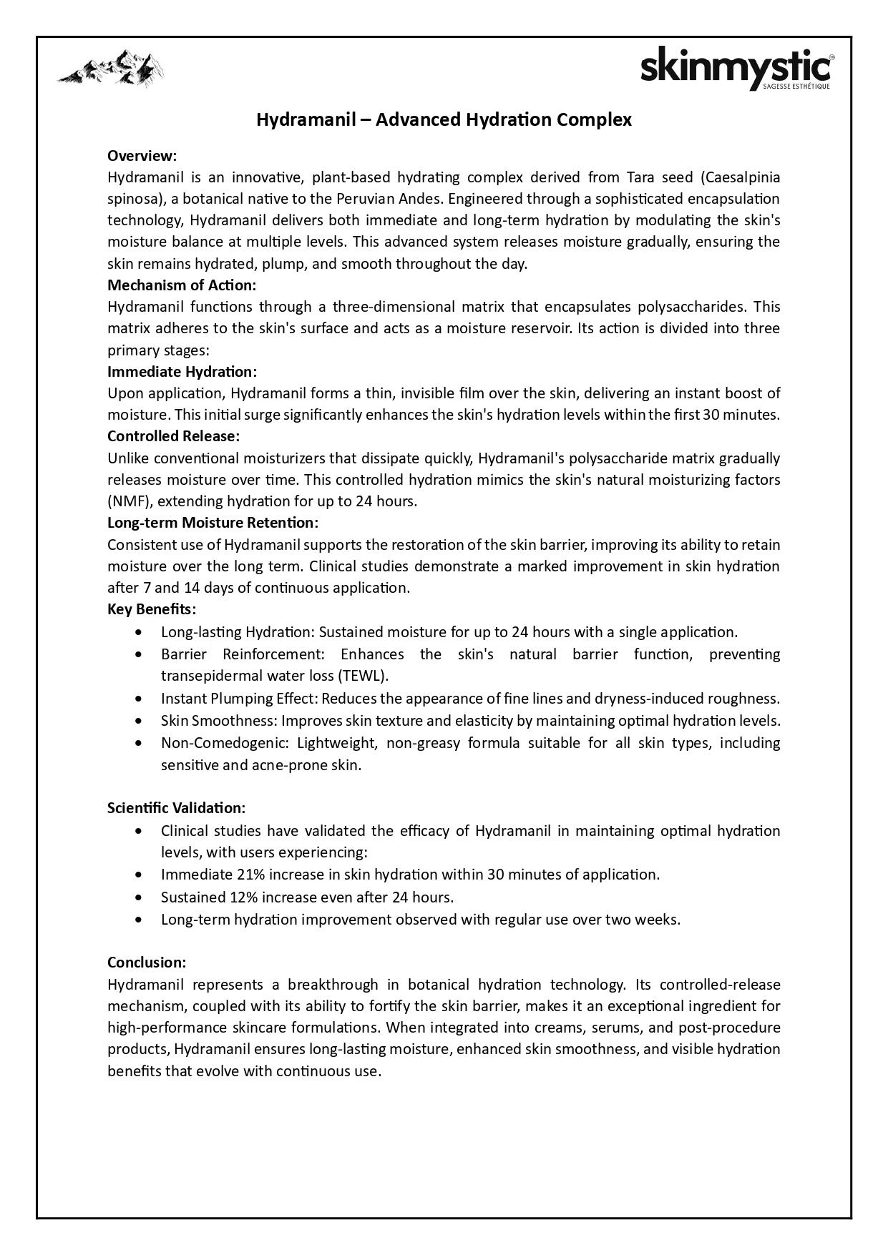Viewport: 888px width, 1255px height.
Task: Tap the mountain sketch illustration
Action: (111, 69)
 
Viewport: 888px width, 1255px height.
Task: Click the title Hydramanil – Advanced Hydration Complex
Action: (444, 119)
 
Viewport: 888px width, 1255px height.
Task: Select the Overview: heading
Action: (142, 155)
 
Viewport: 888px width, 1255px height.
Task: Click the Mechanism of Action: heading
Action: (182, 285)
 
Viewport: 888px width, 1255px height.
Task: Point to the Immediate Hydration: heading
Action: (182, 371)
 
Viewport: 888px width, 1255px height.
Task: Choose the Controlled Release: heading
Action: (173, 435)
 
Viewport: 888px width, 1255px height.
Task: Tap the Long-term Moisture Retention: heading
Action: (213, 522)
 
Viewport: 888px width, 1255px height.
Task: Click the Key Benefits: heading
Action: (152, 609)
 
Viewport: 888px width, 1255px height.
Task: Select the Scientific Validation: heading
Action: (176, 807)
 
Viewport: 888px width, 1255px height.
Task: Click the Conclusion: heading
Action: (147, 962)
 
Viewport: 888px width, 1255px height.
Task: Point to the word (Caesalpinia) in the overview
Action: (741, 177)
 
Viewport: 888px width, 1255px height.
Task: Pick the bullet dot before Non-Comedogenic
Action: (138, 743)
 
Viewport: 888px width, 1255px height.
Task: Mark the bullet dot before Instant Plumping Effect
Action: (138, 699)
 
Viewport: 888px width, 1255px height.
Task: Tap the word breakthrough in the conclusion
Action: (333, 984)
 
